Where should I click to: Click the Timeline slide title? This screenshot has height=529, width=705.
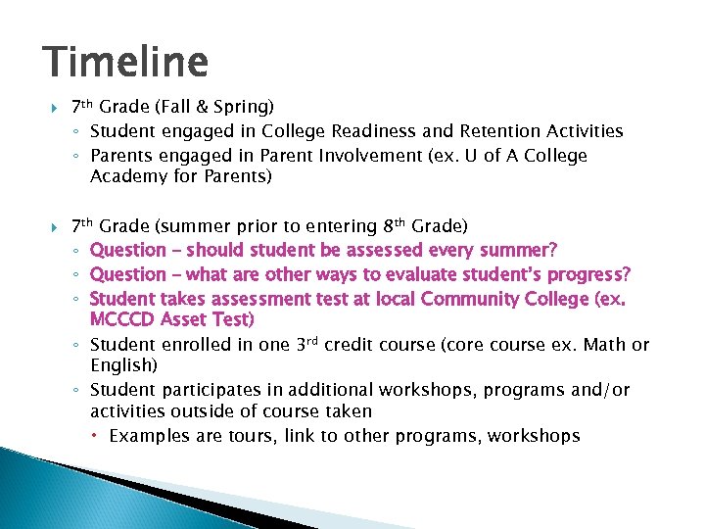126,63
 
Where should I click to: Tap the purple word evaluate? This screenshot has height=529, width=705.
389,273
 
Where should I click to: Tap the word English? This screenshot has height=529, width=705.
121,365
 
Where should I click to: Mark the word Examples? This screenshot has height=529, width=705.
146,436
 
